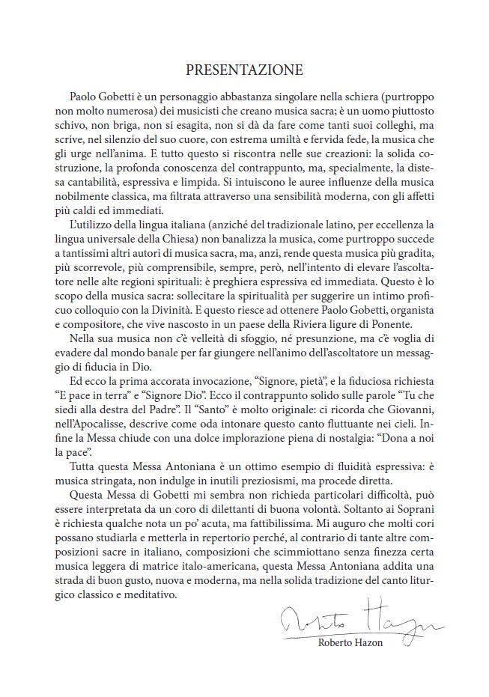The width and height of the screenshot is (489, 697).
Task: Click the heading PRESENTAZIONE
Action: tap(244, 70)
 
